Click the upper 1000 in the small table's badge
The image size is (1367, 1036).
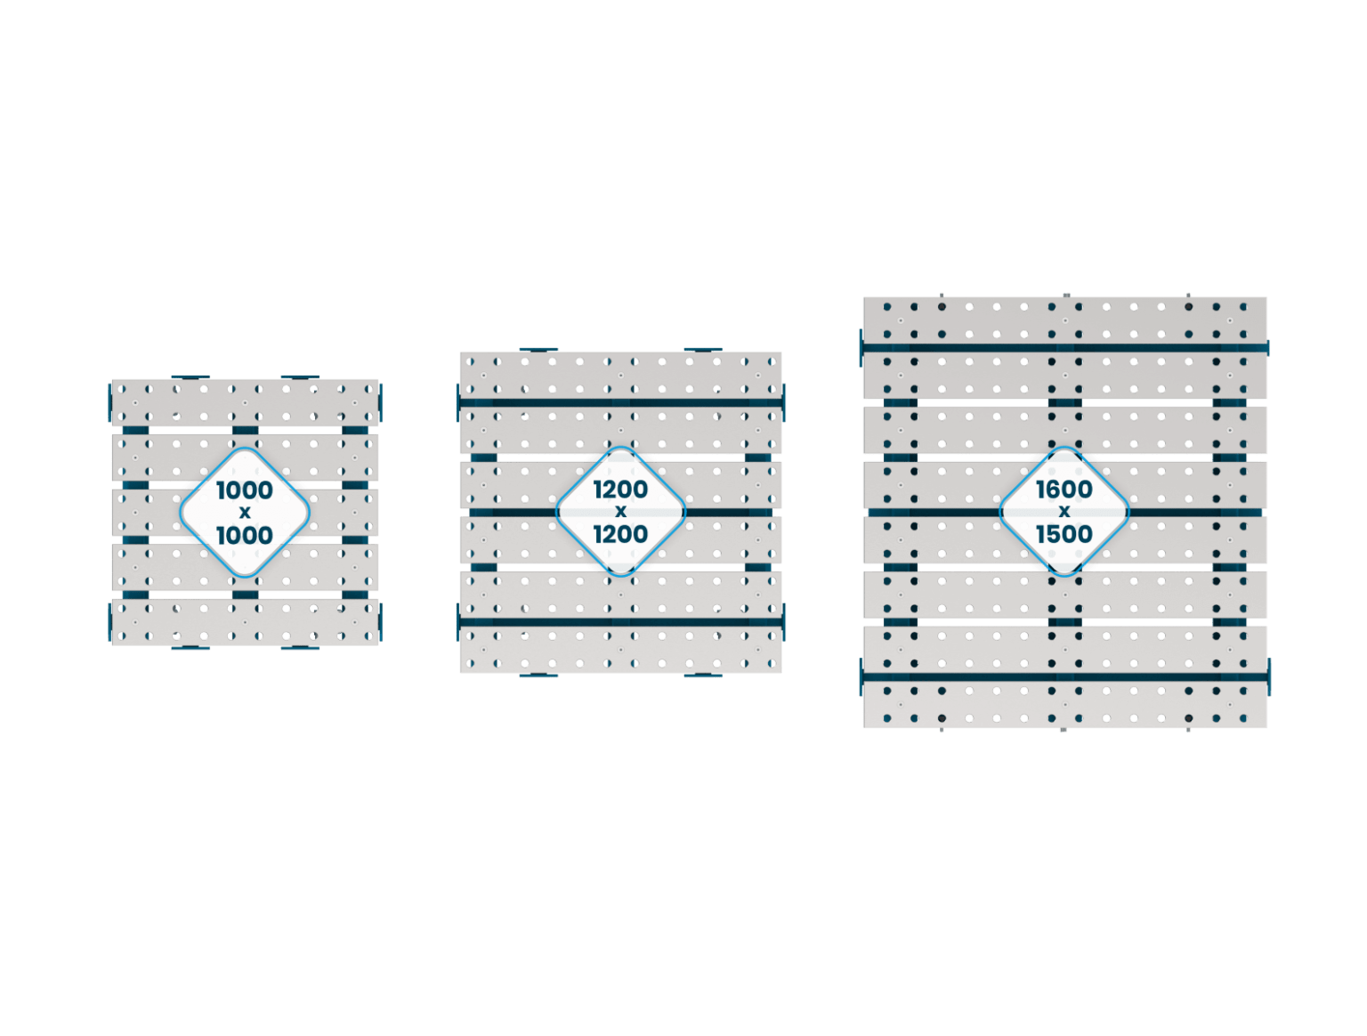pos(245,490)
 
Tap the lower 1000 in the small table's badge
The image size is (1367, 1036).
pos(245,534)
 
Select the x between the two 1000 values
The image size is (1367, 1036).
pos(245,512)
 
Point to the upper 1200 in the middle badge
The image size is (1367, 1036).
pos(620,490)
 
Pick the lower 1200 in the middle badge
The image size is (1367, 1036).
pos(620,534)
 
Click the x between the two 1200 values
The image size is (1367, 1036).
pos(620,512)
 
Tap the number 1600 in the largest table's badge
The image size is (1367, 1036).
pos(1064,490)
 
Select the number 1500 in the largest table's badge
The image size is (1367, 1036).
pos(1064,534)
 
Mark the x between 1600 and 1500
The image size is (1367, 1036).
pos(1064,512)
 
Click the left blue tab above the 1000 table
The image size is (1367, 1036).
pos(190,376)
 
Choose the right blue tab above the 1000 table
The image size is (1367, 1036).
pos(300,376)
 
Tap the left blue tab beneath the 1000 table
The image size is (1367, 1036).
pos(190,648)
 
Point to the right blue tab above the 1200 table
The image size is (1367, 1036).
pos(702,349)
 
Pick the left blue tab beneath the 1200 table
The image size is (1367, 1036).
pos(538,676)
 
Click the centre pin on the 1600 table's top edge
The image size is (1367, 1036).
pos(1065,293)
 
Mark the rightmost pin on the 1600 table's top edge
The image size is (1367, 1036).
pos(1189,293)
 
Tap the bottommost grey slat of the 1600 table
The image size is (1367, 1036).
pos(1064,705)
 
